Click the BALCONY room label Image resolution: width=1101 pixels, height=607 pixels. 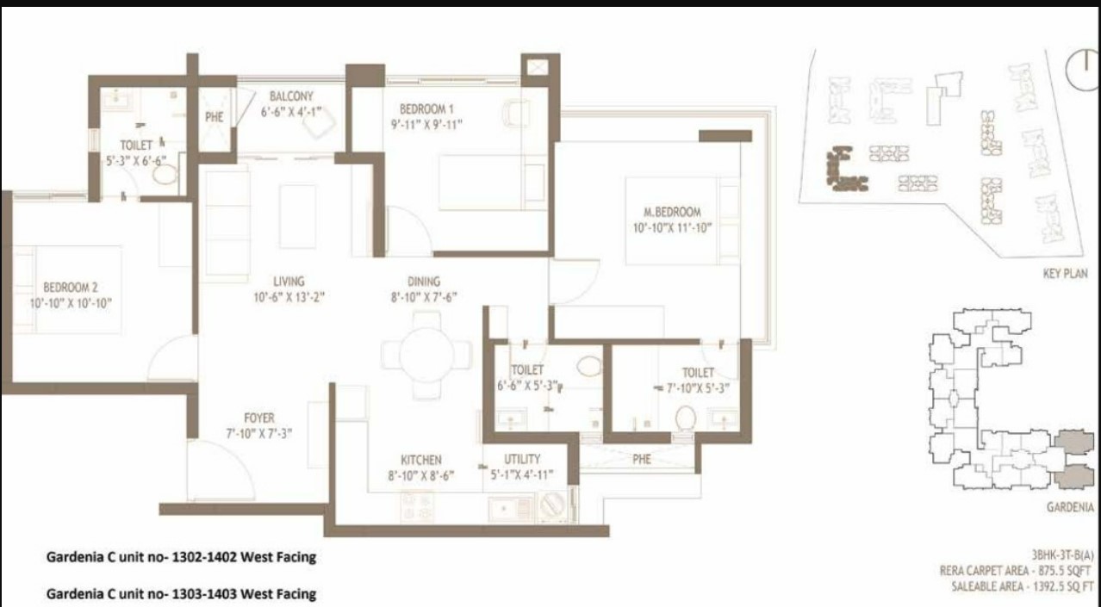291,96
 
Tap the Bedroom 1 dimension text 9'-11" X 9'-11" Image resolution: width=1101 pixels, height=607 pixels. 426,125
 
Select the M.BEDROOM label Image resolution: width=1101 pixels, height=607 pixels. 672,212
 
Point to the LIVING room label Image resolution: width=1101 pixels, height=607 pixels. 289,282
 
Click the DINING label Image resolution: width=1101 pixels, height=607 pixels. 424,282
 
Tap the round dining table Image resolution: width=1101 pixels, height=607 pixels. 426,355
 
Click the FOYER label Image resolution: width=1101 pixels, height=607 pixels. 259,418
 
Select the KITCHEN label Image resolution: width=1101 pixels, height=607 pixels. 421,460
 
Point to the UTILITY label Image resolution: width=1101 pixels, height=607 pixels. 522,459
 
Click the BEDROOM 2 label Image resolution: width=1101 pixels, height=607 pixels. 71,288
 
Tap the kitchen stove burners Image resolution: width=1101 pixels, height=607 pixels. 416,506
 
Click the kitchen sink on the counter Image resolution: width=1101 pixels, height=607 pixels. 511,509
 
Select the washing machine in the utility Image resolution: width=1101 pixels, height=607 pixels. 553,505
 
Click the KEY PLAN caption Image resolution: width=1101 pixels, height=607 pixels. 1065,274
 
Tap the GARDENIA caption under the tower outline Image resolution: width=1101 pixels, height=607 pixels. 1070,507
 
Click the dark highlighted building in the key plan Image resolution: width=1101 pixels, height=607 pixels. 845,169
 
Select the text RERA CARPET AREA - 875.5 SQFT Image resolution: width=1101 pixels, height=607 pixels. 1015,571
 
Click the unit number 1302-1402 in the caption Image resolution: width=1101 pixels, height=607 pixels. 203,557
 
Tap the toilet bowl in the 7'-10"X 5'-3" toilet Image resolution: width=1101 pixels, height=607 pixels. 686,418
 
